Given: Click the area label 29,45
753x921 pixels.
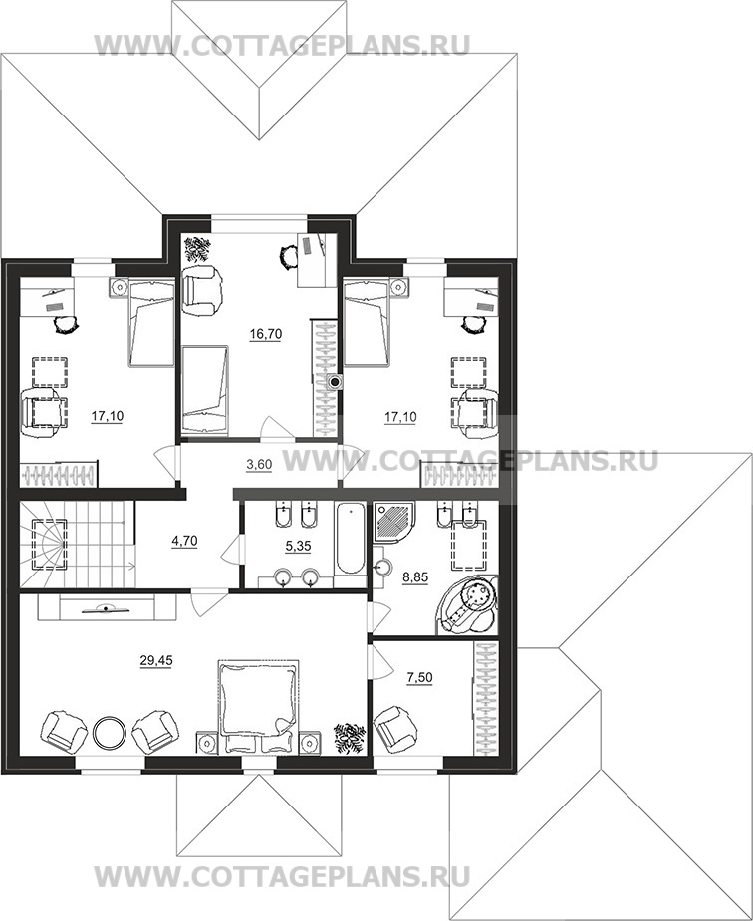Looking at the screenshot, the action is (156, 661).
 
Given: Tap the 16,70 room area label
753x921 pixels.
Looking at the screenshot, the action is (266, 334).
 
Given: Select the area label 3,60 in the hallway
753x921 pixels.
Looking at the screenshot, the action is (259, 465).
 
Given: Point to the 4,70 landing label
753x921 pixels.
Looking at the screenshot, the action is (184, 541).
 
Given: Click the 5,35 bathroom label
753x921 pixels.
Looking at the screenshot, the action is (298, 547).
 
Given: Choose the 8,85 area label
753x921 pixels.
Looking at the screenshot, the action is (414, 577).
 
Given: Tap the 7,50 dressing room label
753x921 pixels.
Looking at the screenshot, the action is (419, 678).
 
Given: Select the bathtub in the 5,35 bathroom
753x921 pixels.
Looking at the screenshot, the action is (350, 539).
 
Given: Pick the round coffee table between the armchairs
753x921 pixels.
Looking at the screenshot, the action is (109, 732).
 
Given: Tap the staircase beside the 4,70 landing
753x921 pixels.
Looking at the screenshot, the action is (78, 544).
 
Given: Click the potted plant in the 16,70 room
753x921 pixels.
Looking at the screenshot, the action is (197, 249).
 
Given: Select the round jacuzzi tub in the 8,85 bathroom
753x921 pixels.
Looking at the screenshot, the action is (468, 605).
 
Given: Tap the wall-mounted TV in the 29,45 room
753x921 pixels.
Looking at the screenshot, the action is (106, 608).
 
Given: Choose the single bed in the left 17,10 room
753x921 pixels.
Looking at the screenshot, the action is (151, 323).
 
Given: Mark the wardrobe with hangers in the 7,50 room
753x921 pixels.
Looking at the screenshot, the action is (486, 698).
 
